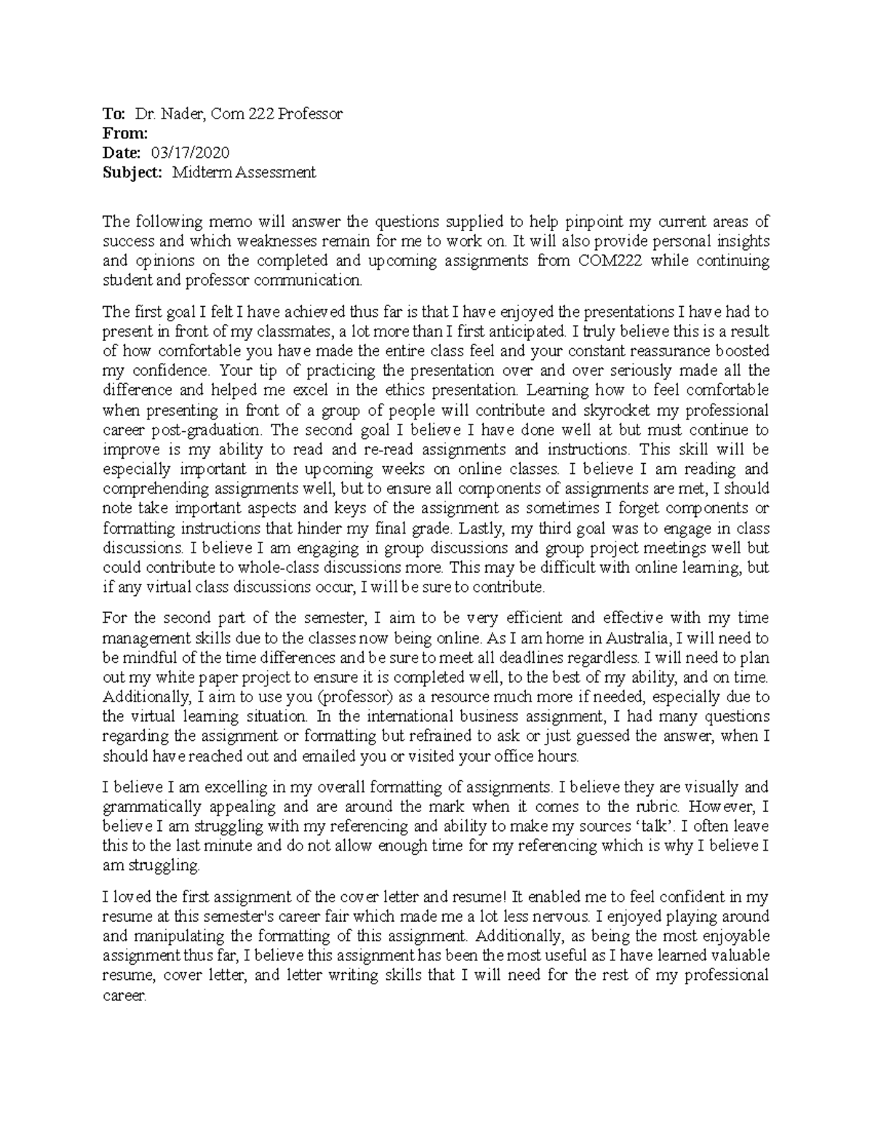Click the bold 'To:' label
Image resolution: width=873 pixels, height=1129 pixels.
point(114,113)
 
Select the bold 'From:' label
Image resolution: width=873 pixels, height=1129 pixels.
point(125,133)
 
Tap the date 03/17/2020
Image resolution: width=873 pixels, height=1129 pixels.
point(190,153)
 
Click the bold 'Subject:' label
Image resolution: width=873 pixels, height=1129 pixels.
point(133,172)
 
